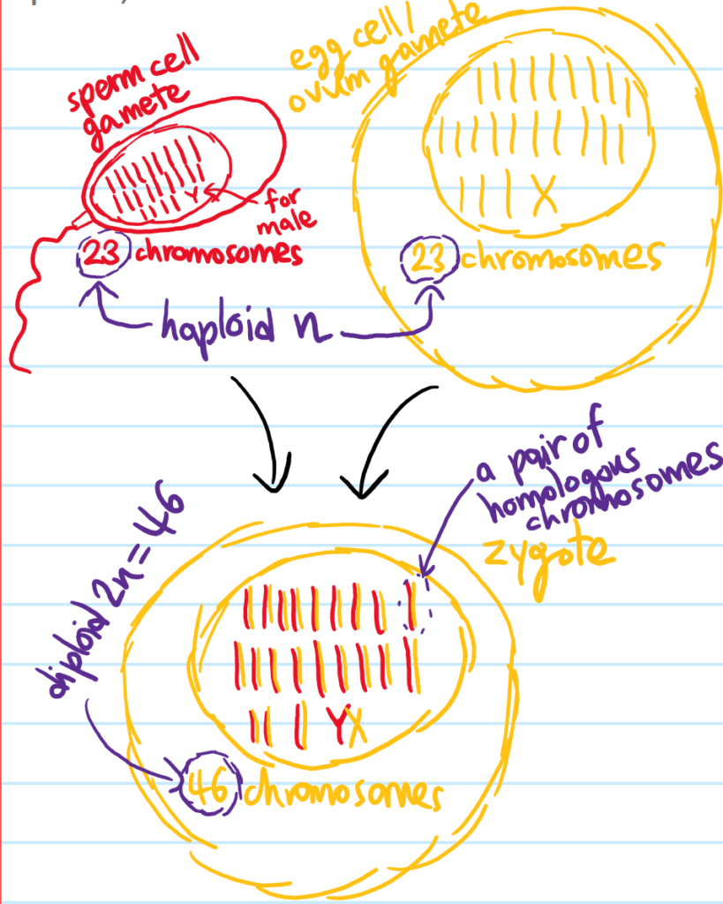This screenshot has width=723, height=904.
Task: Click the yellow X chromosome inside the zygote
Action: pos(357,728)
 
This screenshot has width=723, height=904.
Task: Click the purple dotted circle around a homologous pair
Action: pos(415,603)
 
